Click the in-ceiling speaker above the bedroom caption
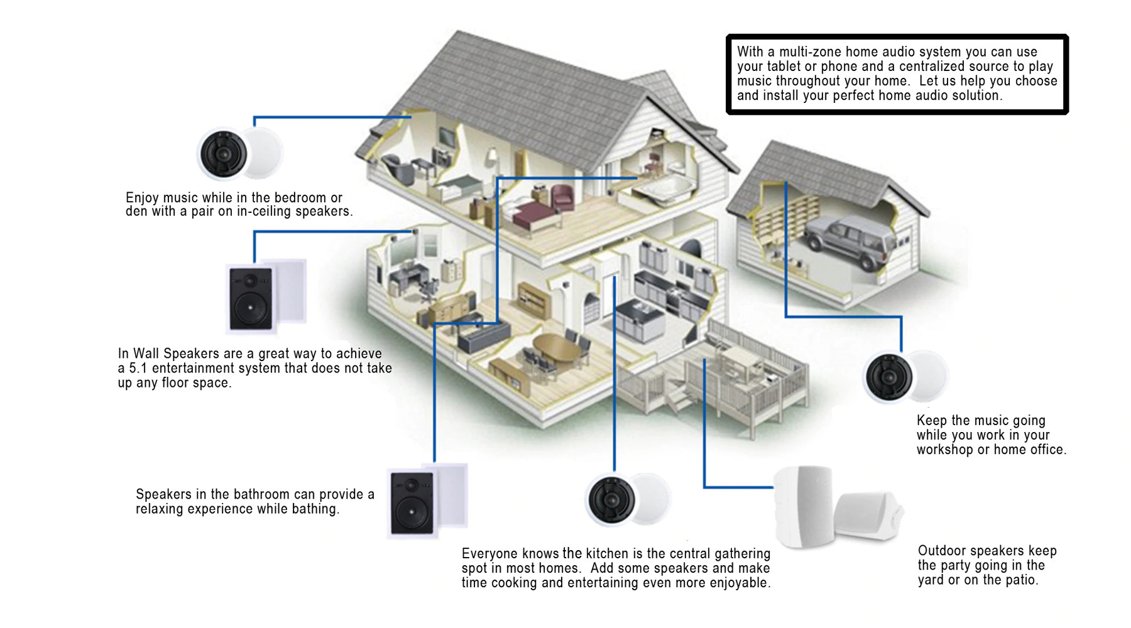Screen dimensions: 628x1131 [x=224, y=154]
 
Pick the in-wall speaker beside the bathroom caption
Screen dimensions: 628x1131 [x=412, y=503]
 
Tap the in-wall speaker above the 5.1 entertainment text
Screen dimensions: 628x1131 [x=251, y=298]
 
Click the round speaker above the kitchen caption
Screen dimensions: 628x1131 [x=611, y=499]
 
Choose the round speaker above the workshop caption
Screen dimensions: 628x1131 [x=889, y=376]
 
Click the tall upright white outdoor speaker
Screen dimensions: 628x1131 [x=804, y=506]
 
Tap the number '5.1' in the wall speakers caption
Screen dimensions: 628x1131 [x=139, y=369]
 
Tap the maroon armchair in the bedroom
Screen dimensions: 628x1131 [x=562, y=197]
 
